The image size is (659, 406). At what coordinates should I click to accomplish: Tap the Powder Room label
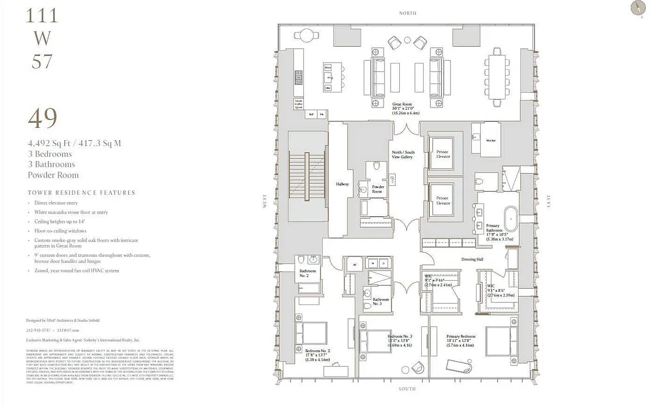[377, 189]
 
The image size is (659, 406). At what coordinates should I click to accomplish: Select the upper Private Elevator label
[443, 154]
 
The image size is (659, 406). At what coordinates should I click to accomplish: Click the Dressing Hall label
[472, 259]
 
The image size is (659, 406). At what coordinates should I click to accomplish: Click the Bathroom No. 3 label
[381, 302]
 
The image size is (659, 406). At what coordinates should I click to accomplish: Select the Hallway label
[342, 184]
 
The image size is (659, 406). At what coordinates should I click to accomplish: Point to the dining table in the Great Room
[495, 77]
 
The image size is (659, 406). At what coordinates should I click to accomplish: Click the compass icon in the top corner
[637, 8]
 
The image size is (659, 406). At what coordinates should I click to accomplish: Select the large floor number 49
[42, 118]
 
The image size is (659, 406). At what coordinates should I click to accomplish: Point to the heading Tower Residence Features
[81, 193]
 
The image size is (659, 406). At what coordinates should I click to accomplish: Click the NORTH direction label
[407, 13]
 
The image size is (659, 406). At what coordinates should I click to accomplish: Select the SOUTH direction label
[407, 389]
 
